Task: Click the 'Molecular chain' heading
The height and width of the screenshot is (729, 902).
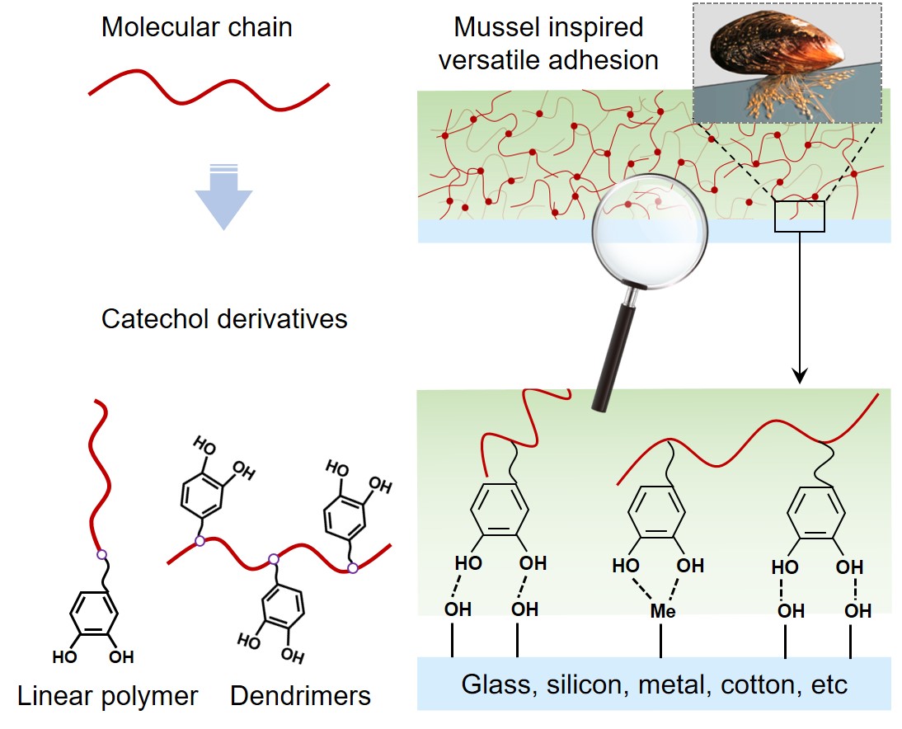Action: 196,28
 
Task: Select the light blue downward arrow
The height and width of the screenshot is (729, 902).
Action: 223,197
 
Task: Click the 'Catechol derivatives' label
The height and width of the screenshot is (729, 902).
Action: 224,319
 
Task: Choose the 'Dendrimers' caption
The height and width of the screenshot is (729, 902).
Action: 300,696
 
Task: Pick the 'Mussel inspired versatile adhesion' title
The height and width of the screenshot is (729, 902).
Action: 549,43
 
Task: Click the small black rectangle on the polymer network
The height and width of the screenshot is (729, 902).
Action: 799,216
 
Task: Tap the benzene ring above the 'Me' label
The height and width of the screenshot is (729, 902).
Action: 656,515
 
